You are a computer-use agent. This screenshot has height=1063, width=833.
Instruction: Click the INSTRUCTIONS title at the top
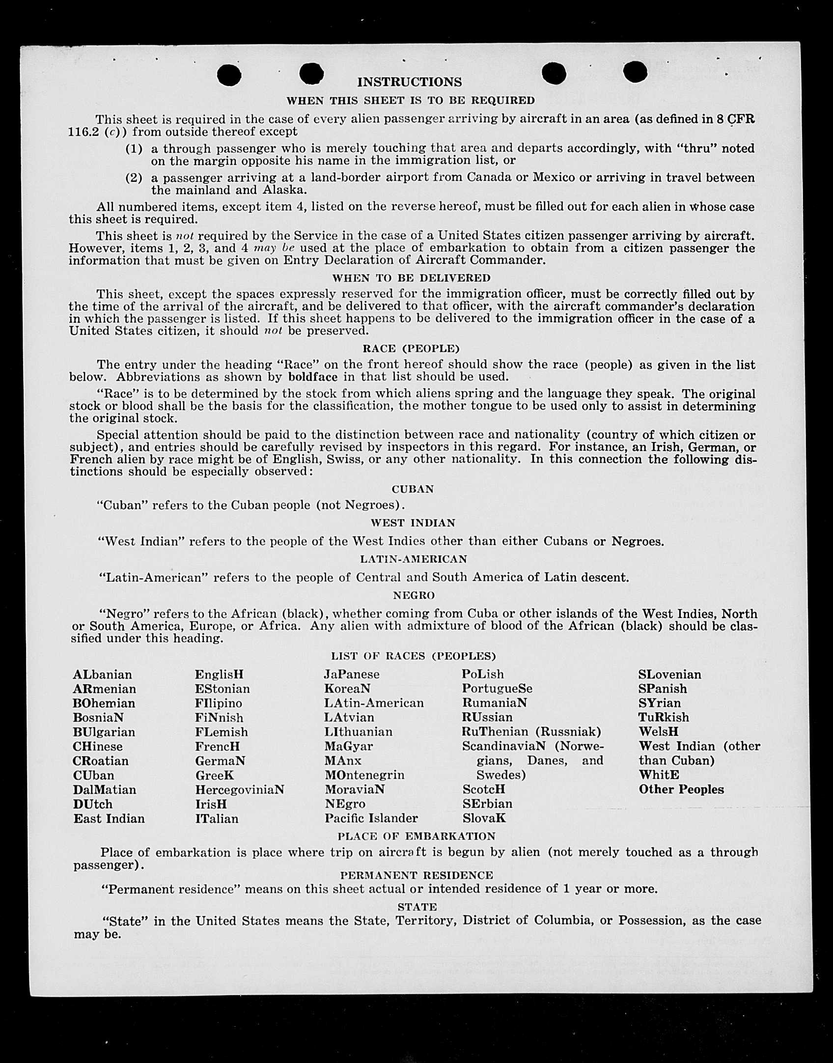click(x=409, y=82)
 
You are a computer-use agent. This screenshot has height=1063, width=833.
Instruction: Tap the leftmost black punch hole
click(x=229, y=75)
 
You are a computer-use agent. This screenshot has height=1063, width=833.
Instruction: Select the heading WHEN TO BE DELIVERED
click(x=411, y=278)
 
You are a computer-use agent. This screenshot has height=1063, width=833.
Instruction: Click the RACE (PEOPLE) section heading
click(x=411, y=349)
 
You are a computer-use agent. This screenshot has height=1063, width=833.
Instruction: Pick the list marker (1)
click(x=134, y=149)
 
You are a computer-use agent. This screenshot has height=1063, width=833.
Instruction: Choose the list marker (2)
click(x=134, y=178)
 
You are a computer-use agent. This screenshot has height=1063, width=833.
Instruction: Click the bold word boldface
click(x=313, y=377)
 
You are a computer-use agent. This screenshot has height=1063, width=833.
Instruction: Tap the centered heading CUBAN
click(x=413, y=489)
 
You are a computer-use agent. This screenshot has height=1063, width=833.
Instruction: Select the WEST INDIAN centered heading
click(x=413, y=523)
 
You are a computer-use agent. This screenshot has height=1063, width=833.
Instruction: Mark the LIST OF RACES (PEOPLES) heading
click(x=413, y=656)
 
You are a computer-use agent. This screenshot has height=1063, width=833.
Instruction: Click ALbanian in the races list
click(x=102, y=675)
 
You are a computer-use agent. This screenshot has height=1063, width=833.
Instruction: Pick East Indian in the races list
click(x=109, y=819)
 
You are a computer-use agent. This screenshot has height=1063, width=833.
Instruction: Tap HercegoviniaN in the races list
click(x=240, y=790)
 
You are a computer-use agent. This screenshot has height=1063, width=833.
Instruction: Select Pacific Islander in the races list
click(x=371, y=818)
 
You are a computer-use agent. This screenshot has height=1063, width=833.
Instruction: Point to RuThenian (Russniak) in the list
click(x=531, y=732)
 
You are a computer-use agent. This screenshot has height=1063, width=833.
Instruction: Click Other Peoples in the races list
click(x=681, y=789)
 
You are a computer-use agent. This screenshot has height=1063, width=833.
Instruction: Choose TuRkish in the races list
click(x=664, y=718)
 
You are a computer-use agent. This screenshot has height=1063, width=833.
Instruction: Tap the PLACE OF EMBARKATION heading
click(x=416, y=837)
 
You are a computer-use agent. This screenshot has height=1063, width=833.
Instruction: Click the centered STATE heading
click(x=417, y=907)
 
